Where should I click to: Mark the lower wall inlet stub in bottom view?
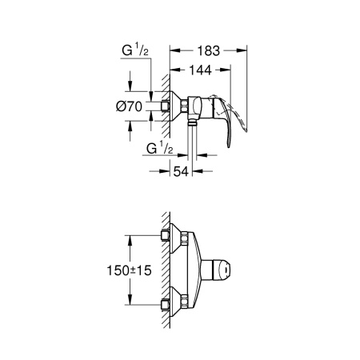pyautogui.click(x=165, y=304)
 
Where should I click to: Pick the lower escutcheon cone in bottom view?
pyautogui.click(x=177, y=304)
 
